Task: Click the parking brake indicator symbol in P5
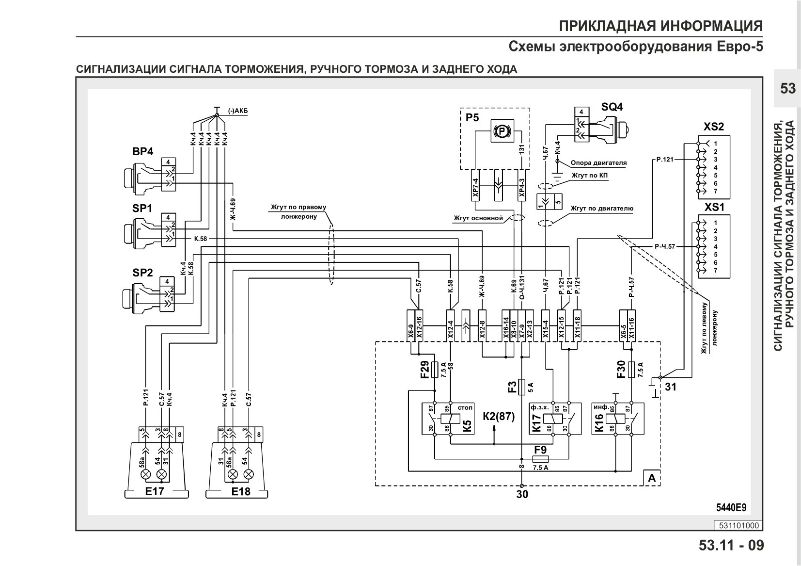click(503, 131)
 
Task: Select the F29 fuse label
click(425, 370)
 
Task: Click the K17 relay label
click(536, 423)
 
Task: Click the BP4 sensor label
click(142, 151)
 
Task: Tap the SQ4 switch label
click(612, 107)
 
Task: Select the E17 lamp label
click(155, 491)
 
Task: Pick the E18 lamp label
click(241, 491)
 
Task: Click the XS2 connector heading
click(714, 127)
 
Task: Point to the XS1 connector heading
click(714, 207)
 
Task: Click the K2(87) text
click(499, 416)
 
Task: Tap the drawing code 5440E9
click(731, 507)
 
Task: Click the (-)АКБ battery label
click(238, 111)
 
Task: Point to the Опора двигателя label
click(598, 163)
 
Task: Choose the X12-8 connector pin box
click(482, 325)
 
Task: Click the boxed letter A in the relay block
click(652, 478)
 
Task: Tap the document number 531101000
click(738, 525)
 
